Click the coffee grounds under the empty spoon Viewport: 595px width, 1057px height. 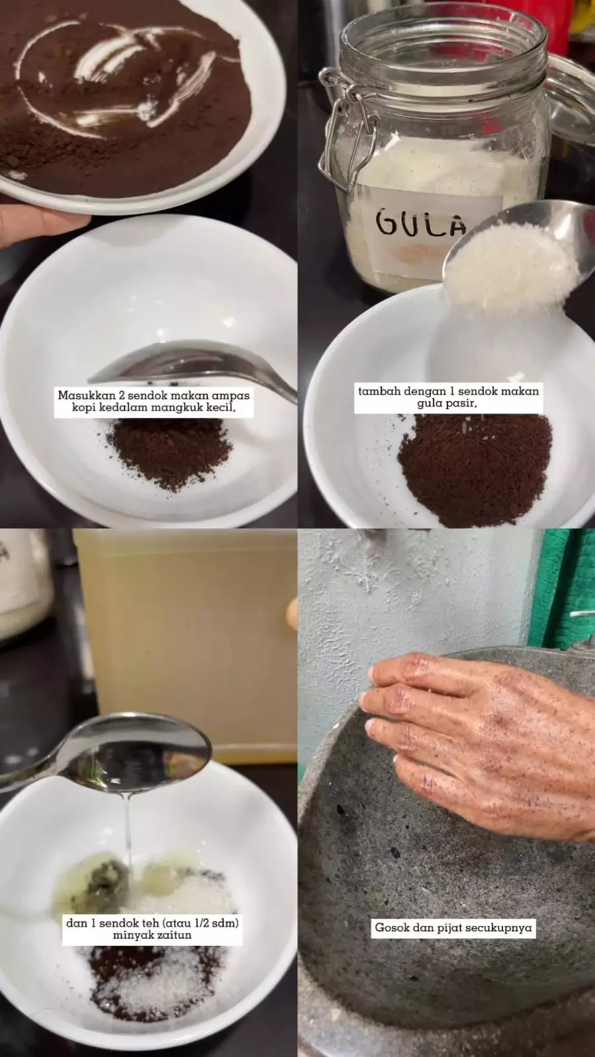(x=169, y=453)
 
